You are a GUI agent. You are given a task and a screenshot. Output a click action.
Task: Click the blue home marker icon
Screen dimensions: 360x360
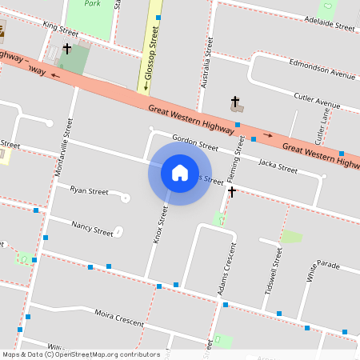coord(180,172)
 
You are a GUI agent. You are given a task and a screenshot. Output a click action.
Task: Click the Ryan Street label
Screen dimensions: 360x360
coord(89,191)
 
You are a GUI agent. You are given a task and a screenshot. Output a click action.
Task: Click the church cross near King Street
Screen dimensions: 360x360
coord(67,50)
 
